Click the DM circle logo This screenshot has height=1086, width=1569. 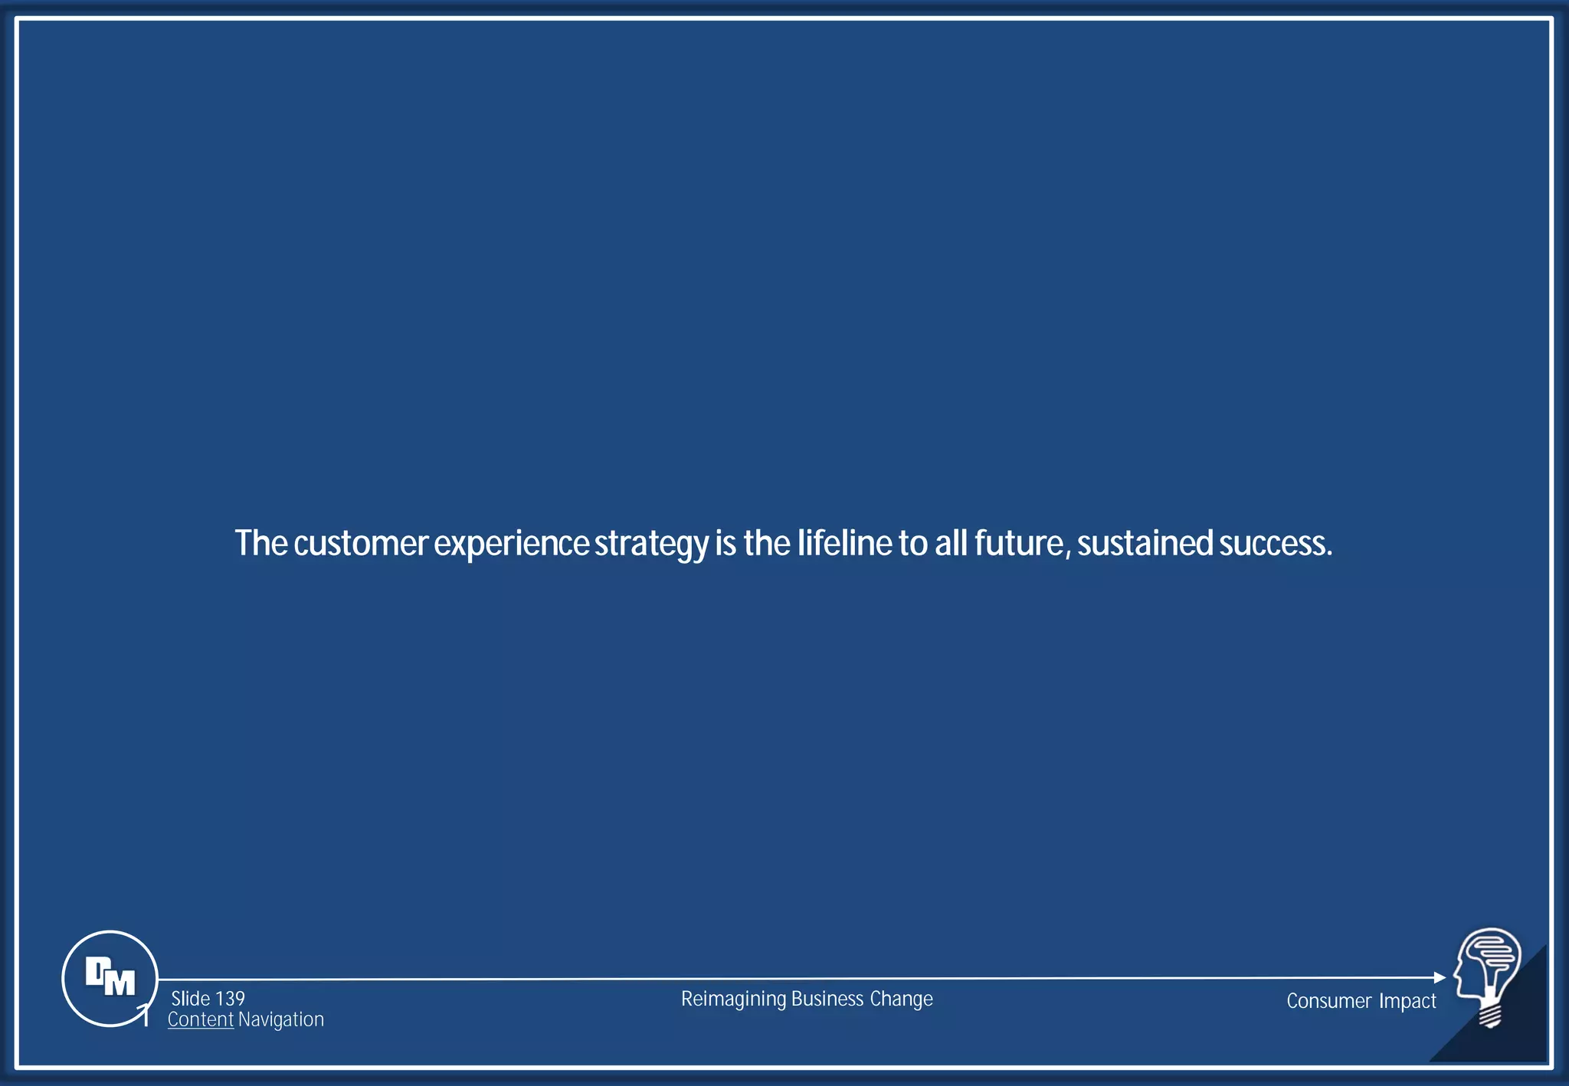110,978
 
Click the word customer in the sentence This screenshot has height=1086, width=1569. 360,543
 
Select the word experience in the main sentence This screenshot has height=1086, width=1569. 511,545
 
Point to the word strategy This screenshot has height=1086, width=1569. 651,545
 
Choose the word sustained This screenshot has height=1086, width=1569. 1145,543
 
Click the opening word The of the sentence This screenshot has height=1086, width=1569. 260,543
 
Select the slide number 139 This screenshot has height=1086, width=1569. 230,999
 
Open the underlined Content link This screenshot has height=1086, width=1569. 200,1019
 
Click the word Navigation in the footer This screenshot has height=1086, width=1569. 281,1019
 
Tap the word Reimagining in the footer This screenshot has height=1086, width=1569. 733,999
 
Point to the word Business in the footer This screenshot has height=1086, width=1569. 827,999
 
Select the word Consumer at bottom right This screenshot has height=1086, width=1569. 1328,1001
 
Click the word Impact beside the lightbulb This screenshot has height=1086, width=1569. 1407,1001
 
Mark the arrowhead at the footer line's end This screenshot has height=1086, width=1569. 1440,977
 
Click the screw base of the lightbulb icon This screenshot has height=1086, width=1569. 1489,1016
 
